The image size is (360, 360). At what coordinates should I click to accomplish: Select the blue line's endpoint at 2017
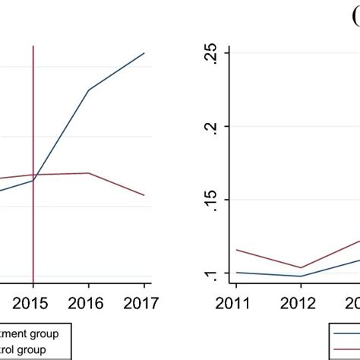144,53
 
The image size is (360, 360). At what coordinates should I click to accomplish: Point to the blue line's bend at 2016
89,90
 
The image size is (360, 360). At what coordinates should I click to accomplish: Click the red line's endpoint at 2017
144,195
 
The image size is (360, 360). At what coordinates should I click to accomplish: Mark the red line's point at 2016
89,173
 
